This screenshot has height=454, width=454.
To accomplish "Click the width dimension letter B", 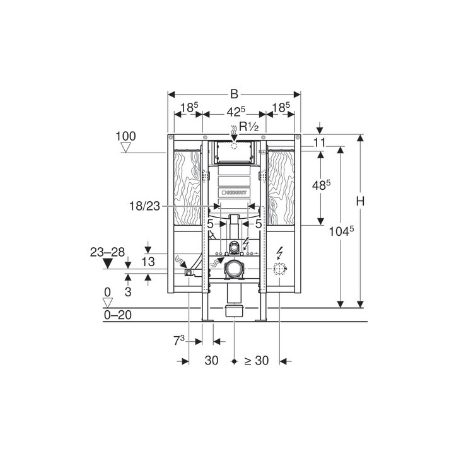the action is point(234,94).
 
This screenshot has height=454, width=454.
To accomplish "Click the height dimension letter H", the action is point(360,201).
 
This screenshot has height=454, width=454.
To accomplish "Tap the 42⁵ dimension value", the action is point(236,112).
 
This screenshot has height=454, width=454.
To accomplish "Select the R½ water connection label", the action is point(249,127).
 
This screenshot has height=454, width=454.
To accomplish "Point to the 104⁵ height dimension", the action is point(341,231).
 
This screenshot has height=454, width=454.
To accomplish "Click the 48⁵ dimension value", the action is point(322,185).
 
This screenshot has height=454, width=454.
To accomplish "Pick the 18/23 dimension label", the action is point(144,206).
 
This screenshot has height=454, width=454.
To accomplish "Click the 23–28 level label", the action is point(107,252).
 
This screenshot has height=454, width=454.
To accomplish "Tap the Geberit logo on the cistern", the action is point(234,192).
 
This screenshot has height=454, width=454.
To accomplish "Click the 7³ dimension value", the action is point(179,340).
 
